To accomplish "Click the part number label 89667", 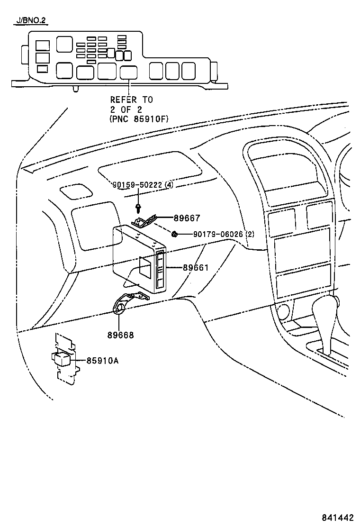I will pos(187,218).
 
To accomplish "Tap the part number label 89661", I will pos(196,268).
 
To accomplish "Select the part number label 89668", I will pos(120,335).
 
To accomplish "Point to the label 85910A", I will pos(102,361).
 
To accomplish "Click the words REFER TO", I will pos(132,100).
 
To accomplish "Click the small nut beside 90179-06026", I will pos(175,234).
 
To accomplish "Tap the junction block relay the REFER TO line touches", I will pos(129,72).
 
